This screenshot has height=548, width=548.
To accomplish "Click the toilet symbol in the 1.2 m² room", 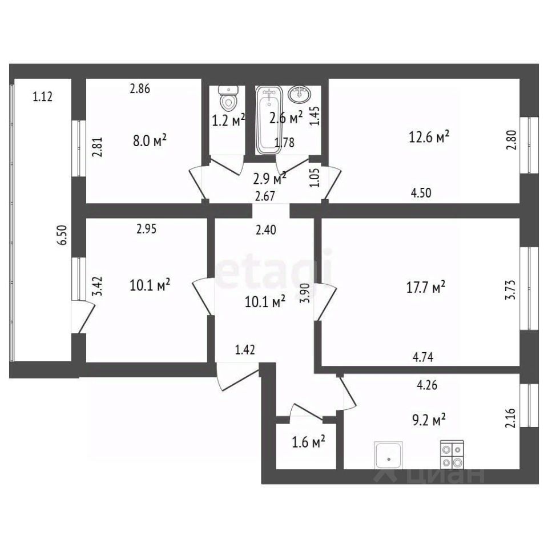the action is [x=228, y=97].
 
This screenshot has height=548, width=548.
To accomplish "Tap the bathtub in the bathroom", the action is [x=269, y=120].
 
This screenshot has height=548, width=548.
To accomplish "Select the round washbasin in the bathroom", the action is [x=300, y=94].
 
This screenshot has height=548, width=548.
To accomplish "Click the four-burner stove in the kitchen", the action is [x=452, y=455].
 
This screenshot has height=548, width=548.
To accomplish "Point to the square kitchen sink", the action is [x=389, y=456].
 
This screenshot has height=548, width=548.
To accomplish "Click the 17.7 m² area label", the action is [x=426, y=287].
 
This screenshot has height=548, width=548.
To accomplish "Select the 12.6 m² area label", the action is [x=429, y=136].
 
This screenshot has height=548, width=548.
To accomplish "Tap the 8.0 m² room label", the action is [x=150, y=141].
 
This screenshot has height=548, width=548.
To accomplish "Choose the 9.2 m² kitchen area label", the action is [x=429, y=420].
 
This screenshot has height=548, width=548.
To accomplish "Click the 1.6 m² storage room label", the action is [x=309, y=442].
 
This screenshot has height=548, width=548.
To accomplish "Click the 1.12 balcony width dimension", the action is [x=43, y=96].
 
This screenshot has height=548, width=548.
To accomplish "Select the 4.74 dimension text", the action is [x=423, y=357].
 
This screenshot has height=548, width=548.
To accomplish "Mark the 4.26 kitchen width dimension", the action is [x=427, y=385].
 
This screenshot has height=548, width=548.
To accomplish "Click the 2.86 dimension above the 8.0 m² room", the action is [x=140, y=89].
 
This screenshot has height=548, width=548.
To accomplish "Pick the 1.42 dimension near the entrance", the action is [x=245, y=349].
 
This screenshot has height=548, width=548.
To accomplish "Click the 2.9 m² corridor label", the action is [x=269, y=179].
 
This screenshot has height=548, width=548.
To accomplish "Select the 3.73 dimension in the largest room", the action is [x=510, y=290].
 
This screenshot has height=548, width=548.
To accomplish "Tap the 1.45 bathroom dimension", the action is [x=315, y=116].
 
